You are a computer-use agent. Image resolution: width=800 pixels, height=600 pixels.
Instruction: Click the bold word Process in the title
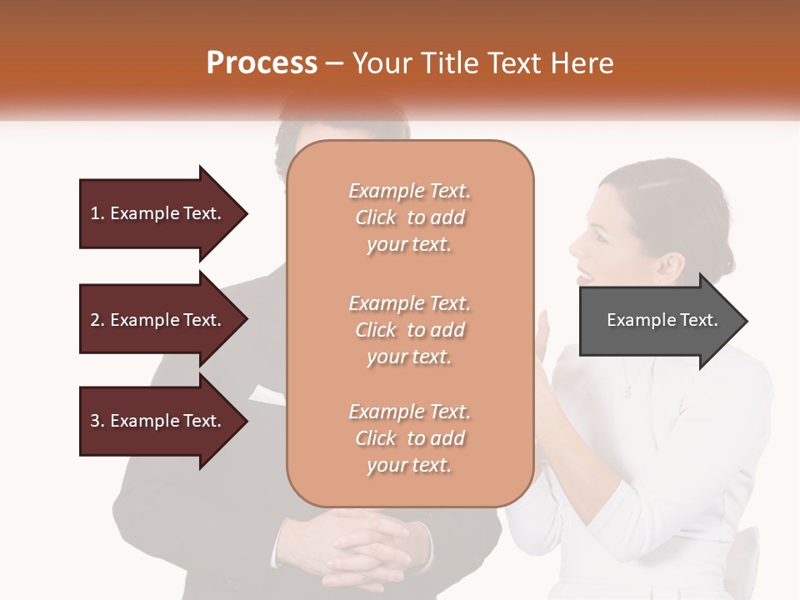262,63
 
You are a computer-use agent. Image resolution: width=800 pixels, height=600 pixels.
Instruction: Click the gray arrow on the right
658,321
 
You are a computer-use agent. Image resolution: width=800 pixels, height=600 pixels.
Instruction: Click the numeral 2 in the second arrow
95,320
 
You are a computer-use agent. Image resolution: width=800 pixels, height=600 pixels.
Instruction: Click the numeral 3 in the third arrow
95,421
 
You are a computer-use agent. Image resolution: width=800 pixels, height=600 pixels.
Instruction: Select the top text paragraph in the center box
409,217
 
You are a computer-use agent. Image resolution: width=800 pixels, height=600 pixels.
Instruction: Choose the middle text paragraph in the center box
409,329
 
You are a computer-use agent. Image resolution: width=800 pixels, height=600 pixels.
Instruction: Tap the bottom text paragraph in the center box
409,438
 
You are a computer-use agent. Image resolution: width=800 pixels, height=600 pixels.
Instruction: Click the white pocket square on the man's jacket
267,394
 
